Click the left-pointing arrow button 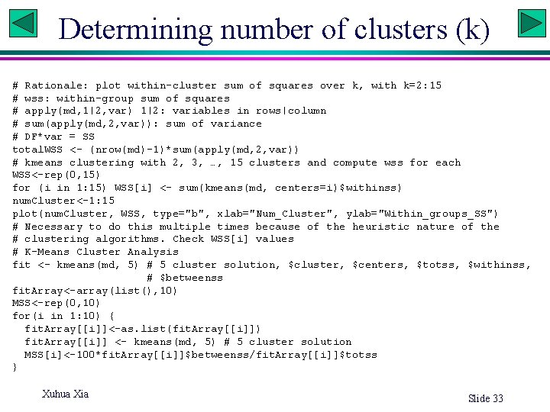(x=23, y=23)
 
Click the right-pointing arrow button (x=531, y=23)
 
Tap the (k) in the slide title (x=472, y=30)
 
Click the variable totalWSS (x=37, y=150)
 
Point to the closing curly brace (x=15, y=368)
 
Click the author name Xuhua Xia (x=65, y=394)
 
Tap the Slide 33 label (x=485, y=398)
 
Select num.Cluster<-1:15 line (x=63, y=201)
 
